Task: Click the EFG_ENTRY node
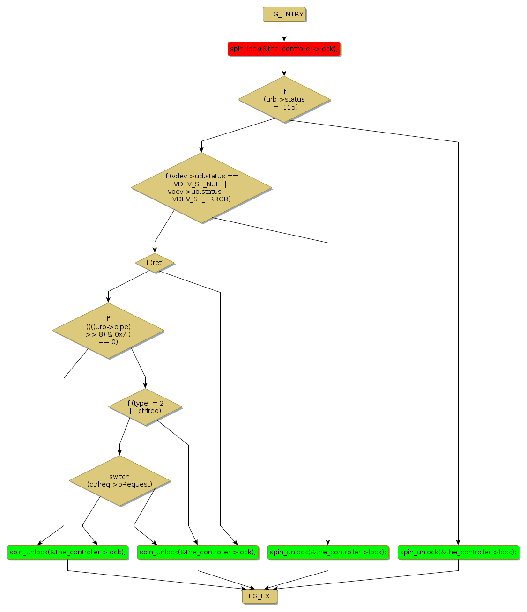(284, 15)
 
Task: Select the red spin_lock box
(284, 49)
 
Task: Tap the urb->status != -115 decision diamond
(284, 100)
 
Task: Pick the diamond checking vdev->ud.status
(201, 188)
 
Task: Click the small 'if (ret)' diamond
(155, 263)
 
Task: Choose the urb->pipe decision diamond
(108, 331)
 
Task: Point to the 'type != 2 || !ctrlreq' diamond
(145, 407)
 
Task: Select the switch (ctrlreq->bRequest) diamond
(119, 480)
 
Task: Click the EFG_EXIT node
(260, 596)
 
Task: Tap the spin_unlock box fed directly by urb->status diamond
(458, 552)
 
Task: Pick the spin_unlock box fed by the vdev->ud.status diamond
(328, 552)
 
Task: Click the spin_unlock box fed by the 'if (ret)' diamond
(198, 552)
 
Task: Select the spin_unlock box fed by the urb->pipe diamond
(67, 552)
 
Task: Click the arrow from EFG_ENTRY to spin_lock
(284, 31)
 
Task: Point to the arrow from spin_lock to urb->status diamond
(284, 66)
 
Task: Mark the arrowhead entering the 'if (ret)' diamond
(155, 250)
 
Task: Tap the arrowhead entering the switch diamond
(119, 452)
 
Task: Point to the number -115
(289, 107)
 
